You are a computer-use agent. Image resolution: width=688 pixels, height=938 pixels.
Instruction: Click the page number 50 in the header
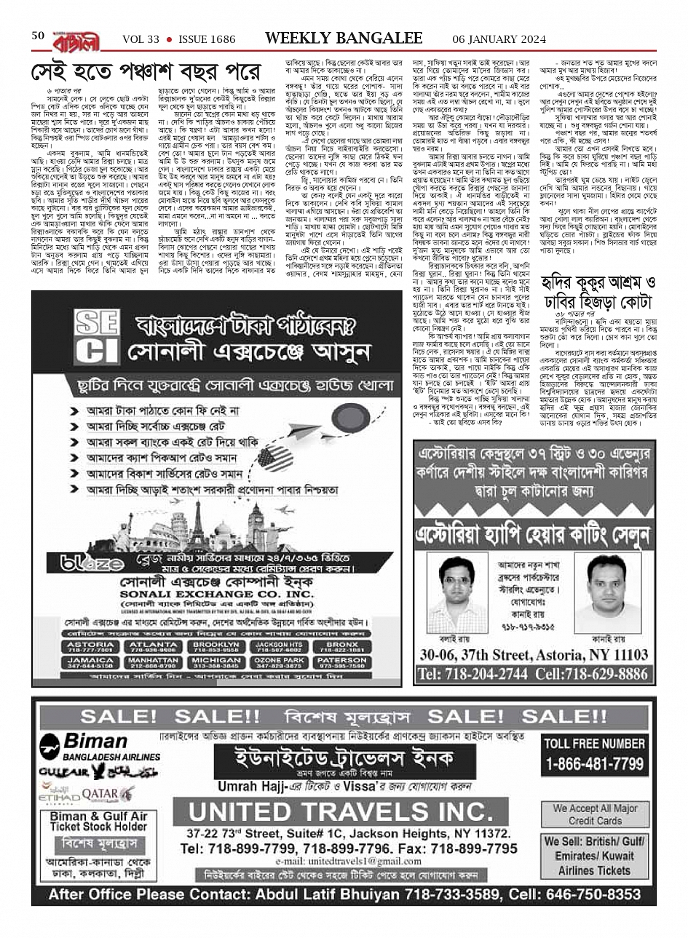39,36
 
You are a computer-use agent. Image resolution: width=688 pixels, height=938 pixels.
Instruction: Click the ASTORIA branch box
91,647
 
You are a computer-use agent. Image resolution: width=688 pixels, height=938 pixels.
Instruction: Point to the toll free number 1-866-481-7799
595,764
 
